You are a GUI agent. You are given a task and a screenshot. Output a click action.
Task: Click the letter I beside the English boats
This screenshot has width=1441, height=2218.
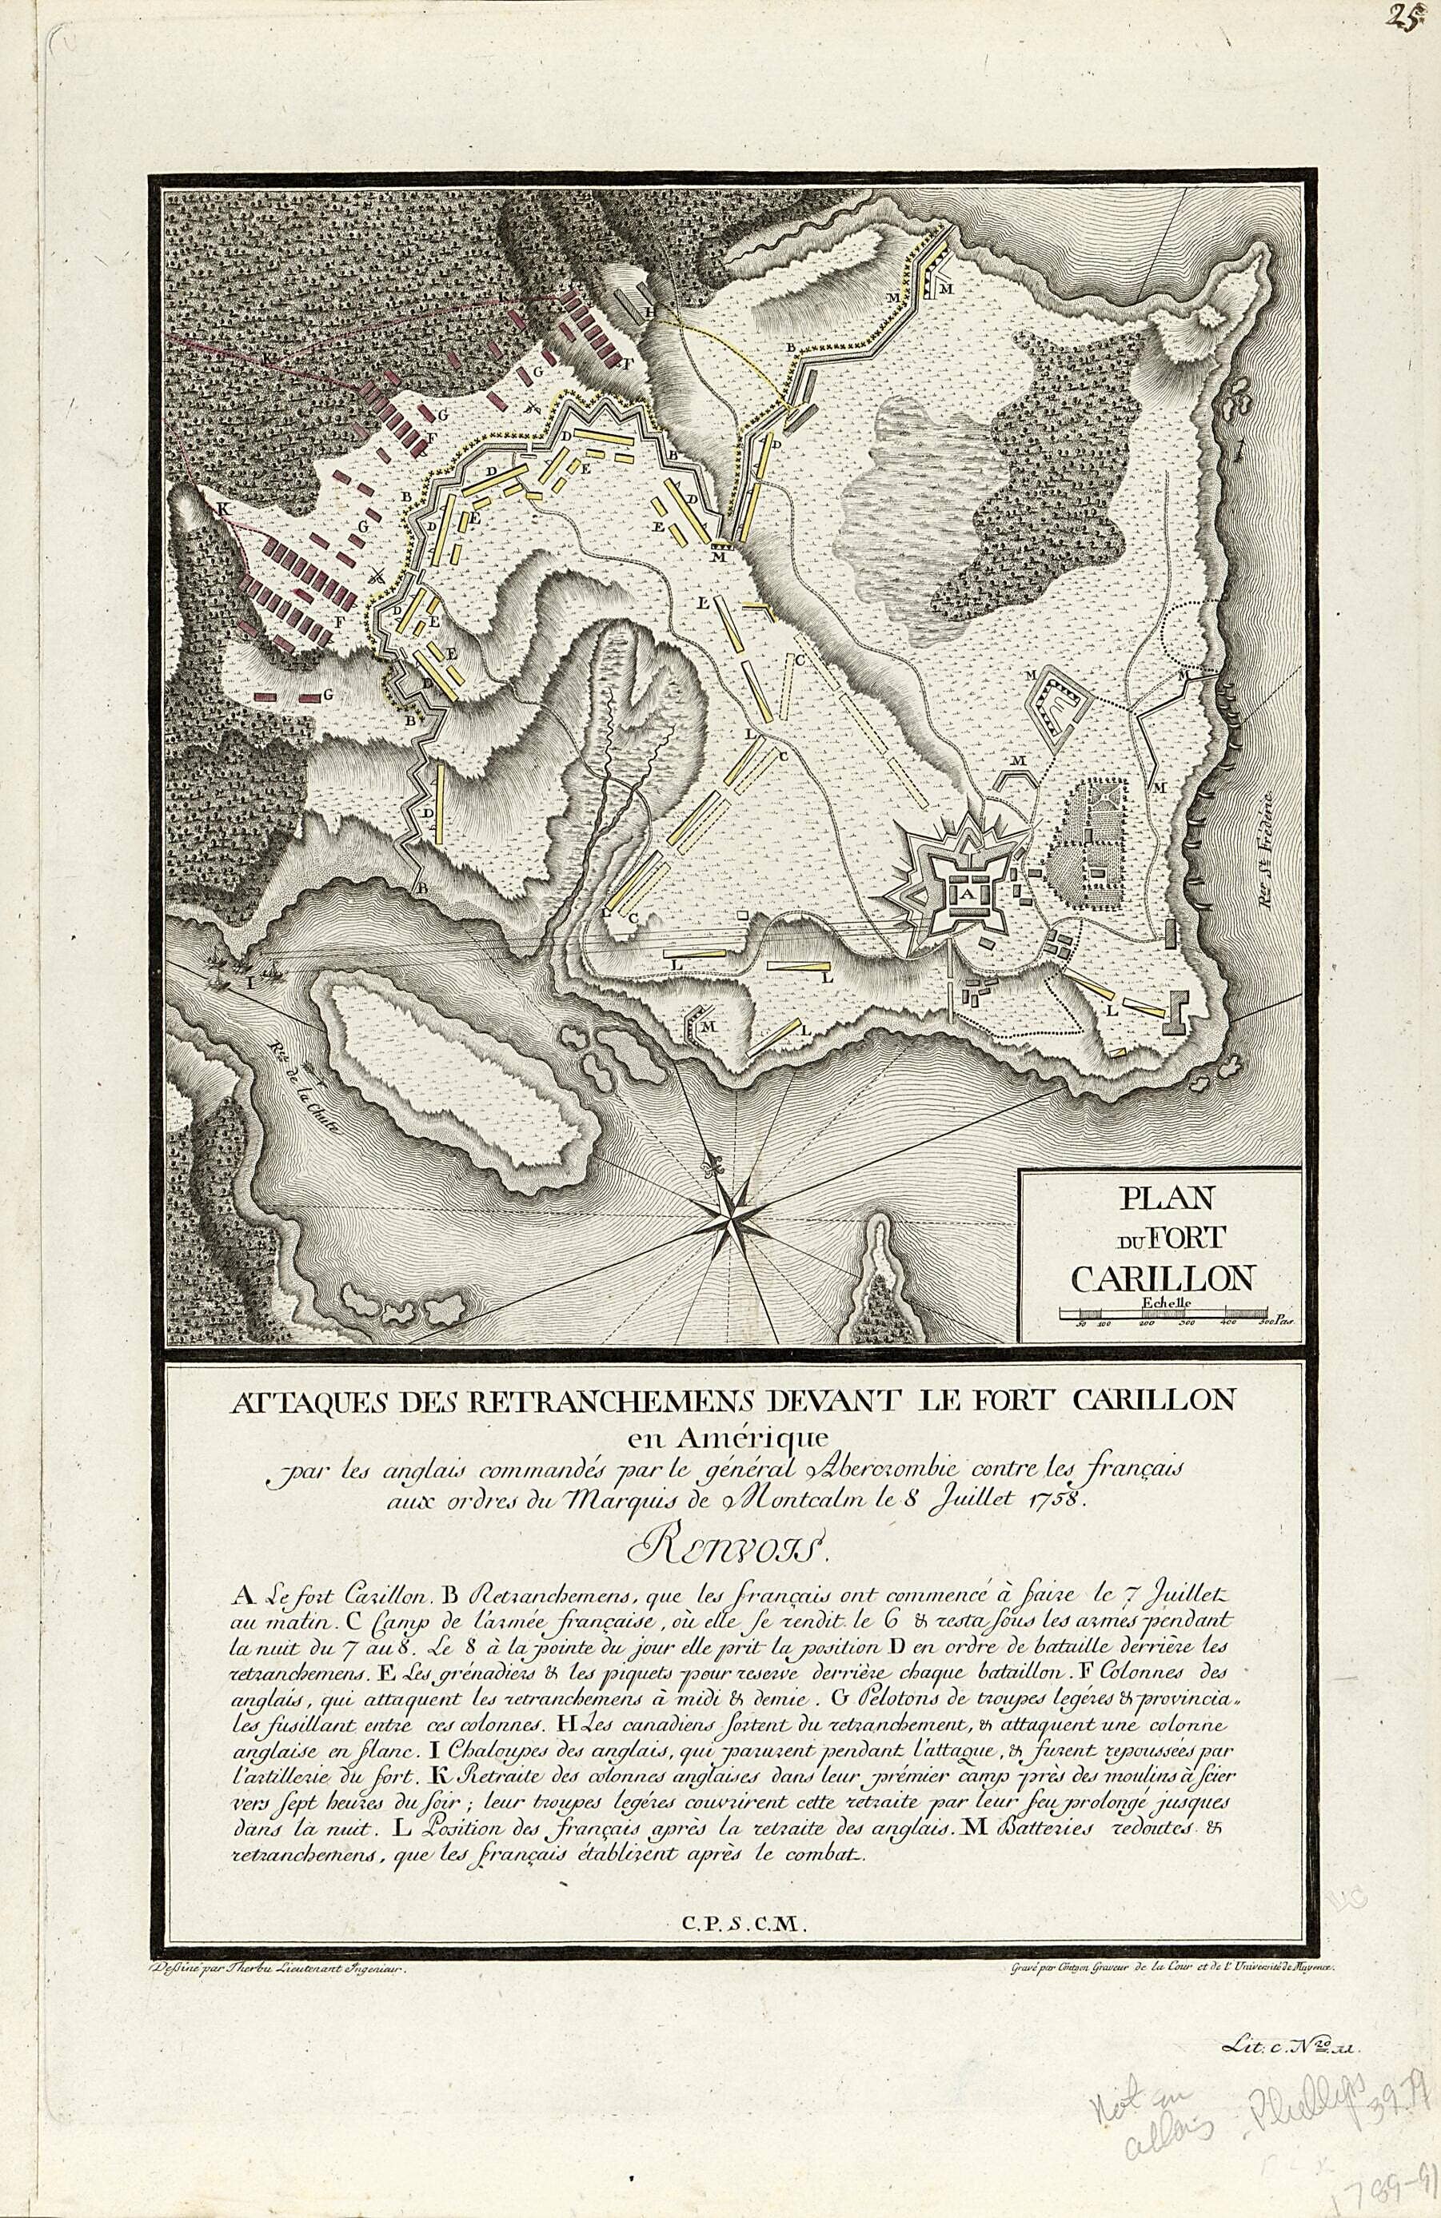[x=249, y=980]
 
